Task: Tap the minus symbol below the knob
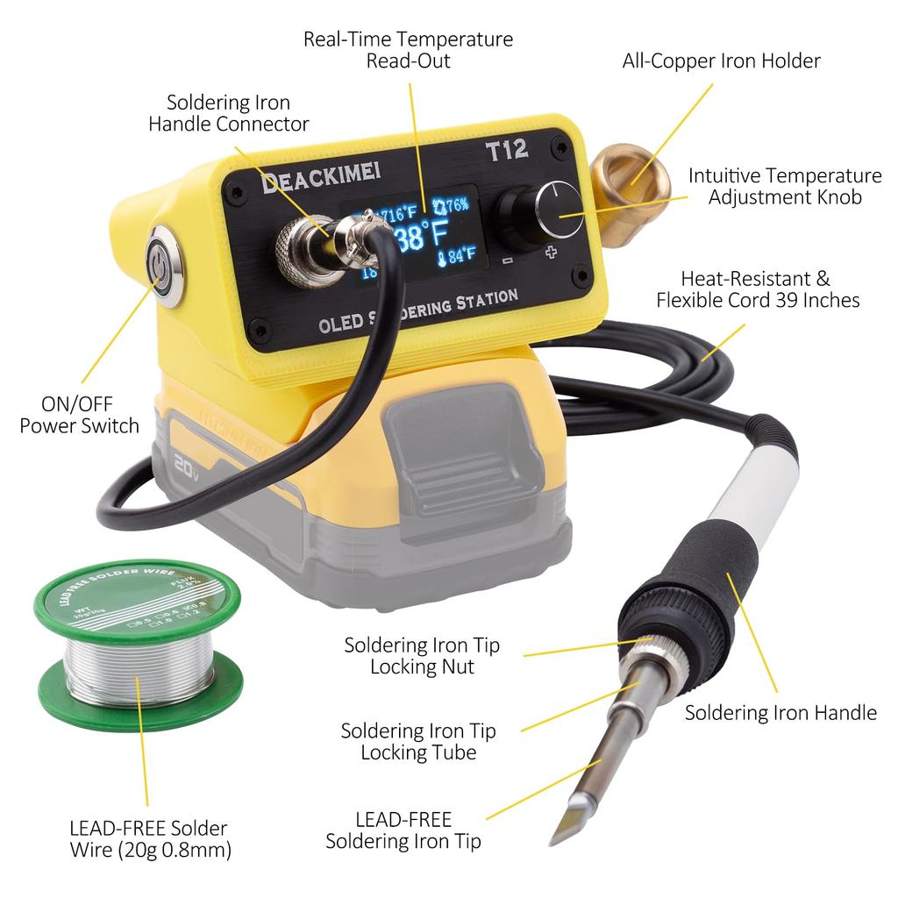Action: (507, 260)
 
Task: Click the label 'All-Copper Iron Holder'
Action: (721, 61)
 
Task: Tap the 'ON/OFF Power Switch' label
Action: (79, 415)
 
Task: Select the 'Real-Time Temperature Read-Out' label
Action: (408, 50)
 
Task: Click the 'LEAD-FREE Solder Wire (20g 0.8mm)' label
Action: (148, 838)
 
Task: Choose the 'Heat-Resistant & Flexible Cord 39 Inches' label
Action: (758, 289)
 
